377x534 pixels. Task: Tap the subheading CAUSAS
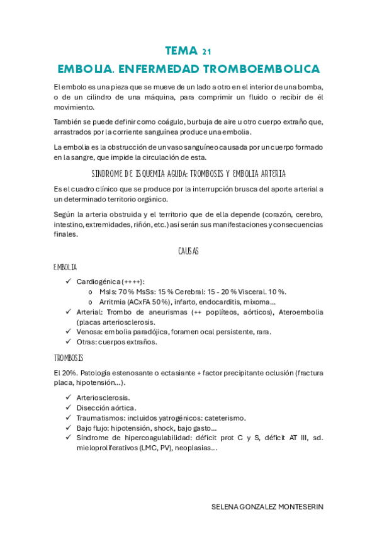(189, 251)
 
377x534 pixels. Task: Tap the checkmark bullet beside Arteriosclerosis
(68, 397)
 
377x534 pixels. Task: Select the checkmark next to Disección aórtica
(68, 407)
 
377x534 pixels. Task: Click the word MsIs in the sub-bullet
(108, 292)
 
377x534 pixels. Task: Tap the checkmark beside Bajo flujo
(68, 428)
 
